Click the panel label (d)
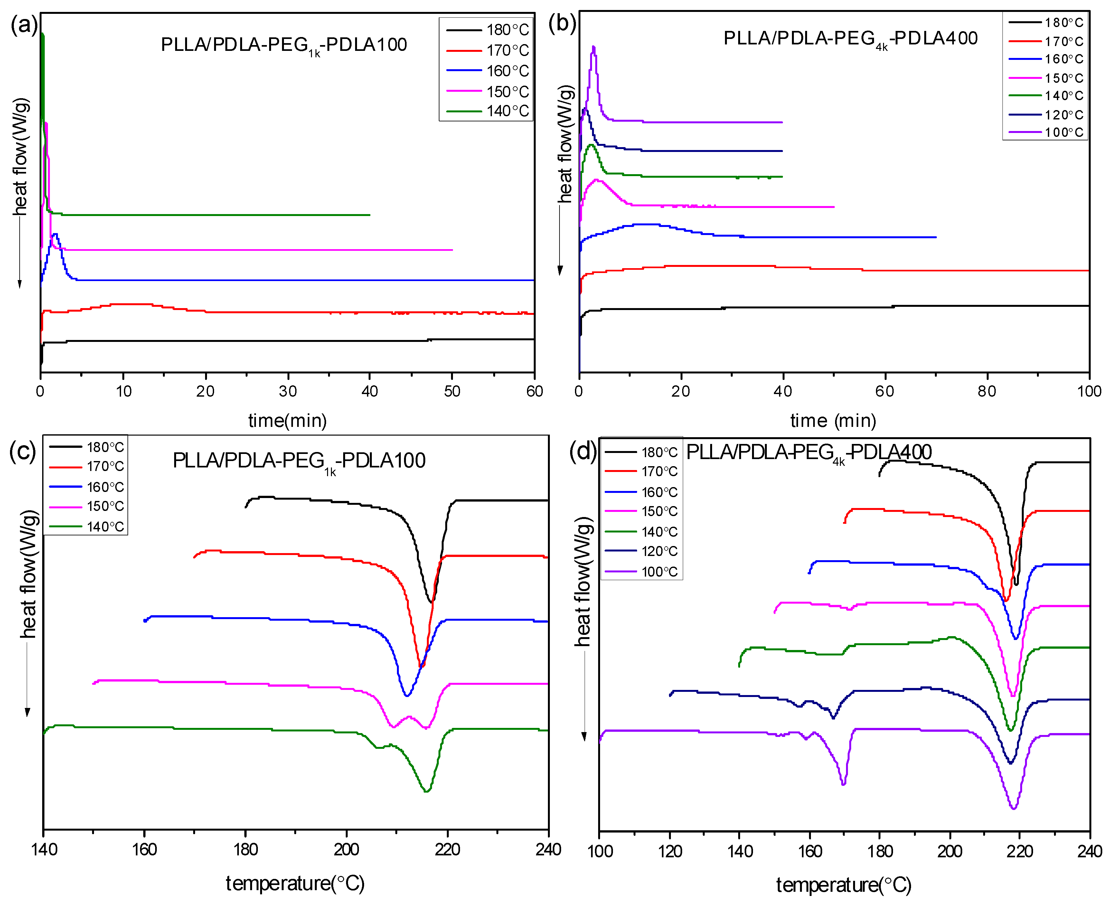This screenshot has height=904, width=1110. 583,451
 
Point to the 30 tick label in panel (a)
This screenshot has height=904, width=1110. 287,391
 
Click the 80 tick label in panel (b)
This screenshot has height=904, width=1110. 987,391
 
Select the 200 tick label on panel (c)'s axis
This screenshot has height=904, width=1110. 346,850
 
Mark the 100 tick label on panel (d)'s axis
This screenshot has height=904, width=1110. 600,852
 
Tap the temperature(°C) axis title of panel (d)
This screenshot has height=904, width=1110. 843,885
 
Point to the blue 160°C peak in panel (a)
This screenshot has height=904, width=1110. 55,234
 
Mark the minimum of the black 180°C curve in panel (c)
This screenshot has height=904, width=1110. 430,602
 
